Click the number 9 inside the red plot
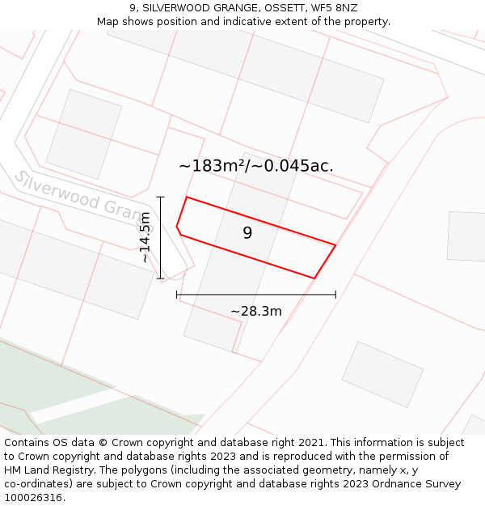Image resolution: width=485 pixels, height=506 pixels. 247,233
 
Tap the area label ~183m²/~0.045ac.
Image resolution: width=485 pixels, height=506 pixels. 255,166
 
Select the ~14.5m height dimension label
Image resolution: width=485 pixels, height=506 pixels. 145,237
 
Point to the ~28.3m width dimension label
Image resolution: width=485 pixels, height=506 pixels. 256,311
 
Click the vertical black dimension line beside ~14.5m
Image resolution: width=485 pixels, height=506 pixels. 161,237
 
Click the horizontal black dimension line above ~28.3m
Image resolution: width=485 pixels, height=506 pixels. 256,295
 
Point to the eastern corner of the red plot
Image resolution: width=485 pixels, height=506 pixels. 335,244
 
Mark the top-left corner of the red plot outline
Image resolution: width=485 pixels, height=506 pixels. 187,197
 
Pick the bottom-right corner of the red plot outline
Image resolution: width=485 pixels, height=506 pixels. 314,279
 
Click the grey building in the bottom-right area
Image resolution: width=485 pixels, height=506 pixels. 382,374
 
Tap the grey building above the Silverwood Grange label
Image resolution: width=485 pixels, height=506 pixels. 84,134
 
